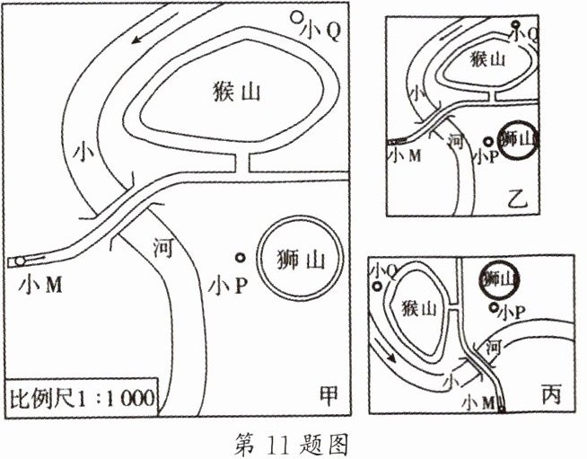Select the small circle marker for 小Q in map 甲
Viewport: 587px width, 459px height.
coord(297,17)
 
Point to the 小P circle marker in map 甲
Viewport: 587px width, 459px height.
coord(240,258)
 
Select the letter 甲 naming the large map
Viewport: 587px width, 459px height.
coord(330,393)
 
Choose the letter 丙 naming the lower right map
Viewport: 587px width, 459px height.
coord(550,393)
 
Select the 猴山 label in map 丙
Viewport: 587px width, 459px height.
coord(418,309)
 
